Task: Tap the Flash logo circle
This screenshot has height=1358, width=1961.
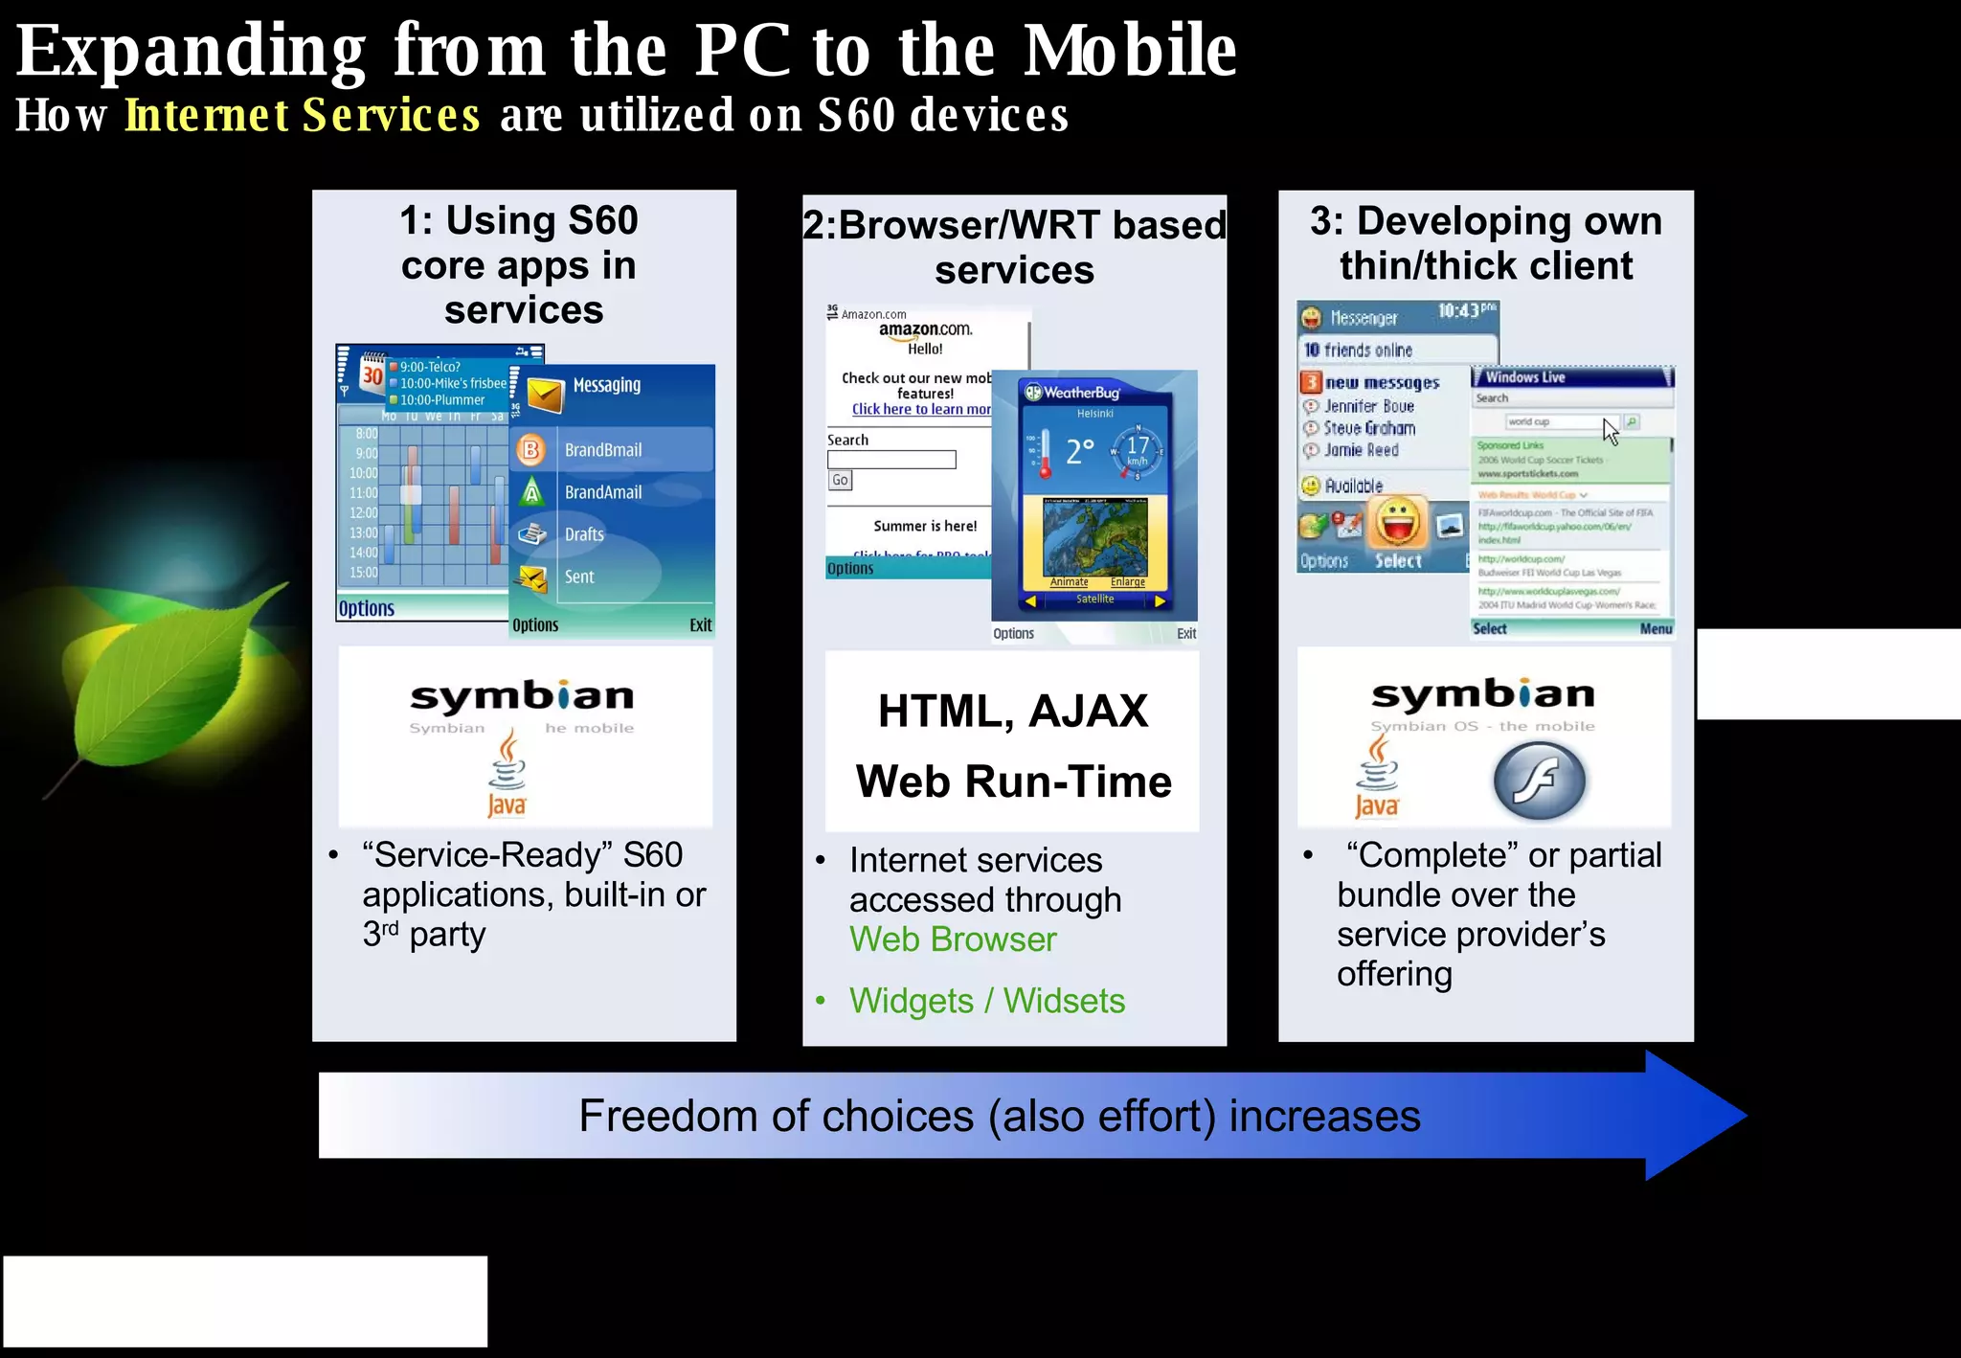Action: (x=1539, y=781)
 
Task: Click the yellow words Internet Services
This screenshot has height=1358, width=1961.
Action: (x=303, y=116)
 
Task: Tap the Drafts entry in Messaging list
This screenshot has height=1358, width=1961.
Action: (x=584, y=534)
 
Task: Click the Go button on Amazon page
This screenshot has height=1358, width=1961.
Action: (x=840, y=480)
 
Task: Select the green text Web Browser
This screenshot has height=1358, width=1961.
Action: (x=953, y=939)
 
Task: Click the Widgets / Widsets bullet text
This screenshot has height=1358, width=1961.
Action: (x=986, y=1001)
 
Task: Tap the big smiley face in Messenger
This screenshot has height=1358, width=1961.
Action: (x=1400, y=523)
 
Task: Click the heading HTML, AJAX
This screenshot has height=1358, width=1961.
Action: (x=1013, y=712)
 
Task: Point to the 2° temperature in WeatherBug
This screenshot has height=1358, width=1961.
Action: (x=1079, y=451)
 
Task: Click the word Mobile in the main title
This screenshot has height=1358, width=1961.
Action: (x=1130, y=50)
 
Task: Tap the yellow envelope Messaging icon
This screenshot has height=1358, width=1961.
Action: (x=545, y=394)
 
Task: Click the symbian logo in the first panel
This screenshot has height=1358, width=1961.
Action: (x=523, y=696)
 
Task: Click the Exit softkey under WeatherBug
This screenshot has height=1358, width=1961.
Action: (x=1186, y=634)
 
